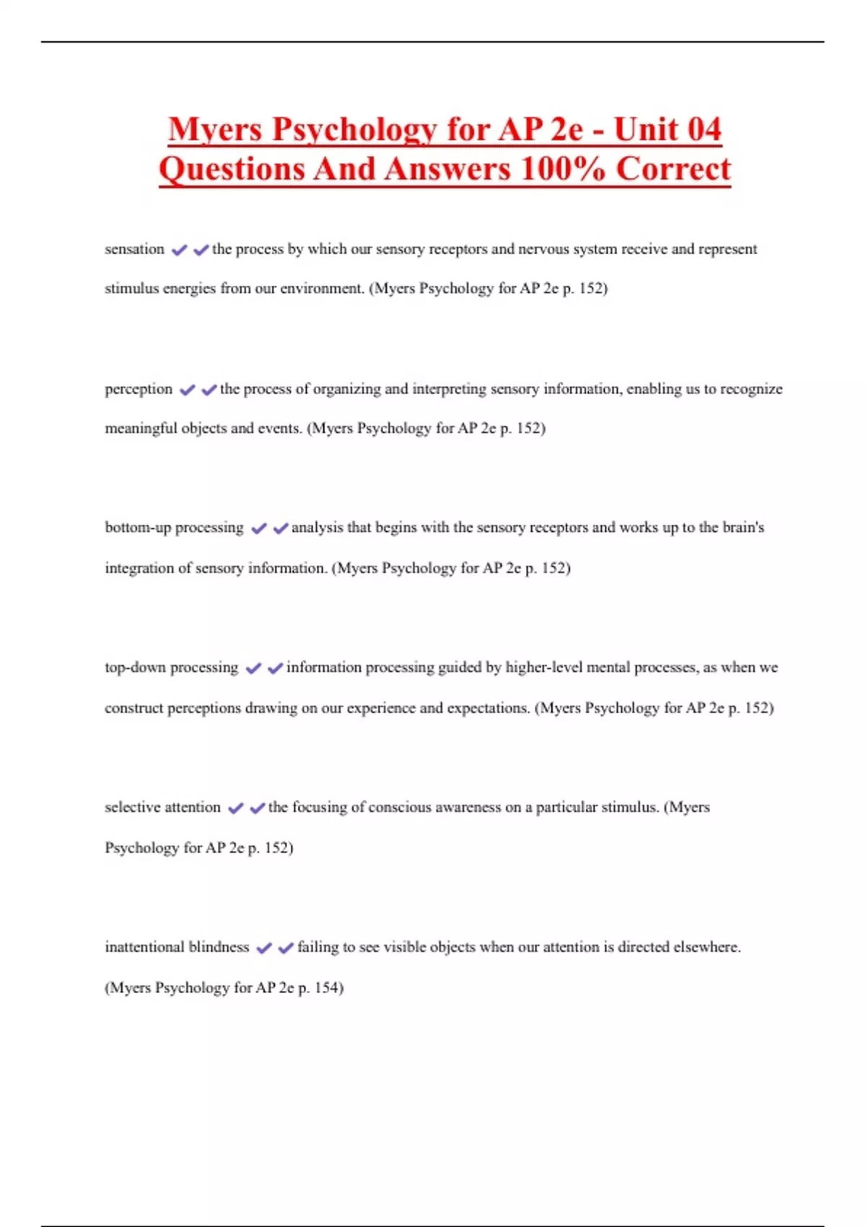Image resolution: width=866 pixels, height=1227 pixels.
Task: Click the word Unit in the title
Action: (x=647, y=130)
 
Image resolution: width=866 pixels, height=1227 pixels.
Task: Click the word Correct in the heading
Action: (x=673, y=170)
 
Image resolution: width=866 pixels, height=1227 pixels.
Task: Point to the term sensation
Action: (x=134, y=249)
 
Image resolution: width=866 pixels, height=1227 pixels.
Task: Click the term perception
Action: (x=139, y=389)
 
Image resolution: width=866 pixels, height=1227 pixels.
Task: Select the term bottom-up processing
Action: (x=174, y=528)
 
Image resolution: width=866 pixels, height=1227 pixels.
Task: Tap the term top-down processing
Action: (x=171, y=668)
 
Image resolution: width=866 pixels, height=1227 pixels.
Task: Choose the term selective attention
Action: (x=162, y=807)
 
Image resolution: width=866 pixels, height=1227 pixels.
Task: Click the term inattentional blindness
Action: (x=177, y=947)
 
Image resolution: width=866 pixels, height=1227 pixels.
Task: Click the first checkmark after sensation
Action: (x=179, y=250)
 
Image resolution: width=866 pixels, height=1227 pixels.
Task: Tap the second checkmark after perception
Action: (x=209, y=390)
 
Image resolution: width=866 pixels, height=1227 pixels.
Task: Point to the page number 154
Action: (x=326, y=987)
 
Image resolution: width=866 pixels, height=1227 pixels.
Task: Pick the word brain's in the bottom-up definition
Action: (x=743, y=528)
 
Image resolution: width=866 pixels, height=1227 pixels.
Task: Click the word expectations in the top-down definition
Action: (x=488, y=708)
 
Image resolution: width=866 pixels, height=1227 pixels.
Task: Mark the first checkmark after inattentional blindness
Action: (x=264, y=948)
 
